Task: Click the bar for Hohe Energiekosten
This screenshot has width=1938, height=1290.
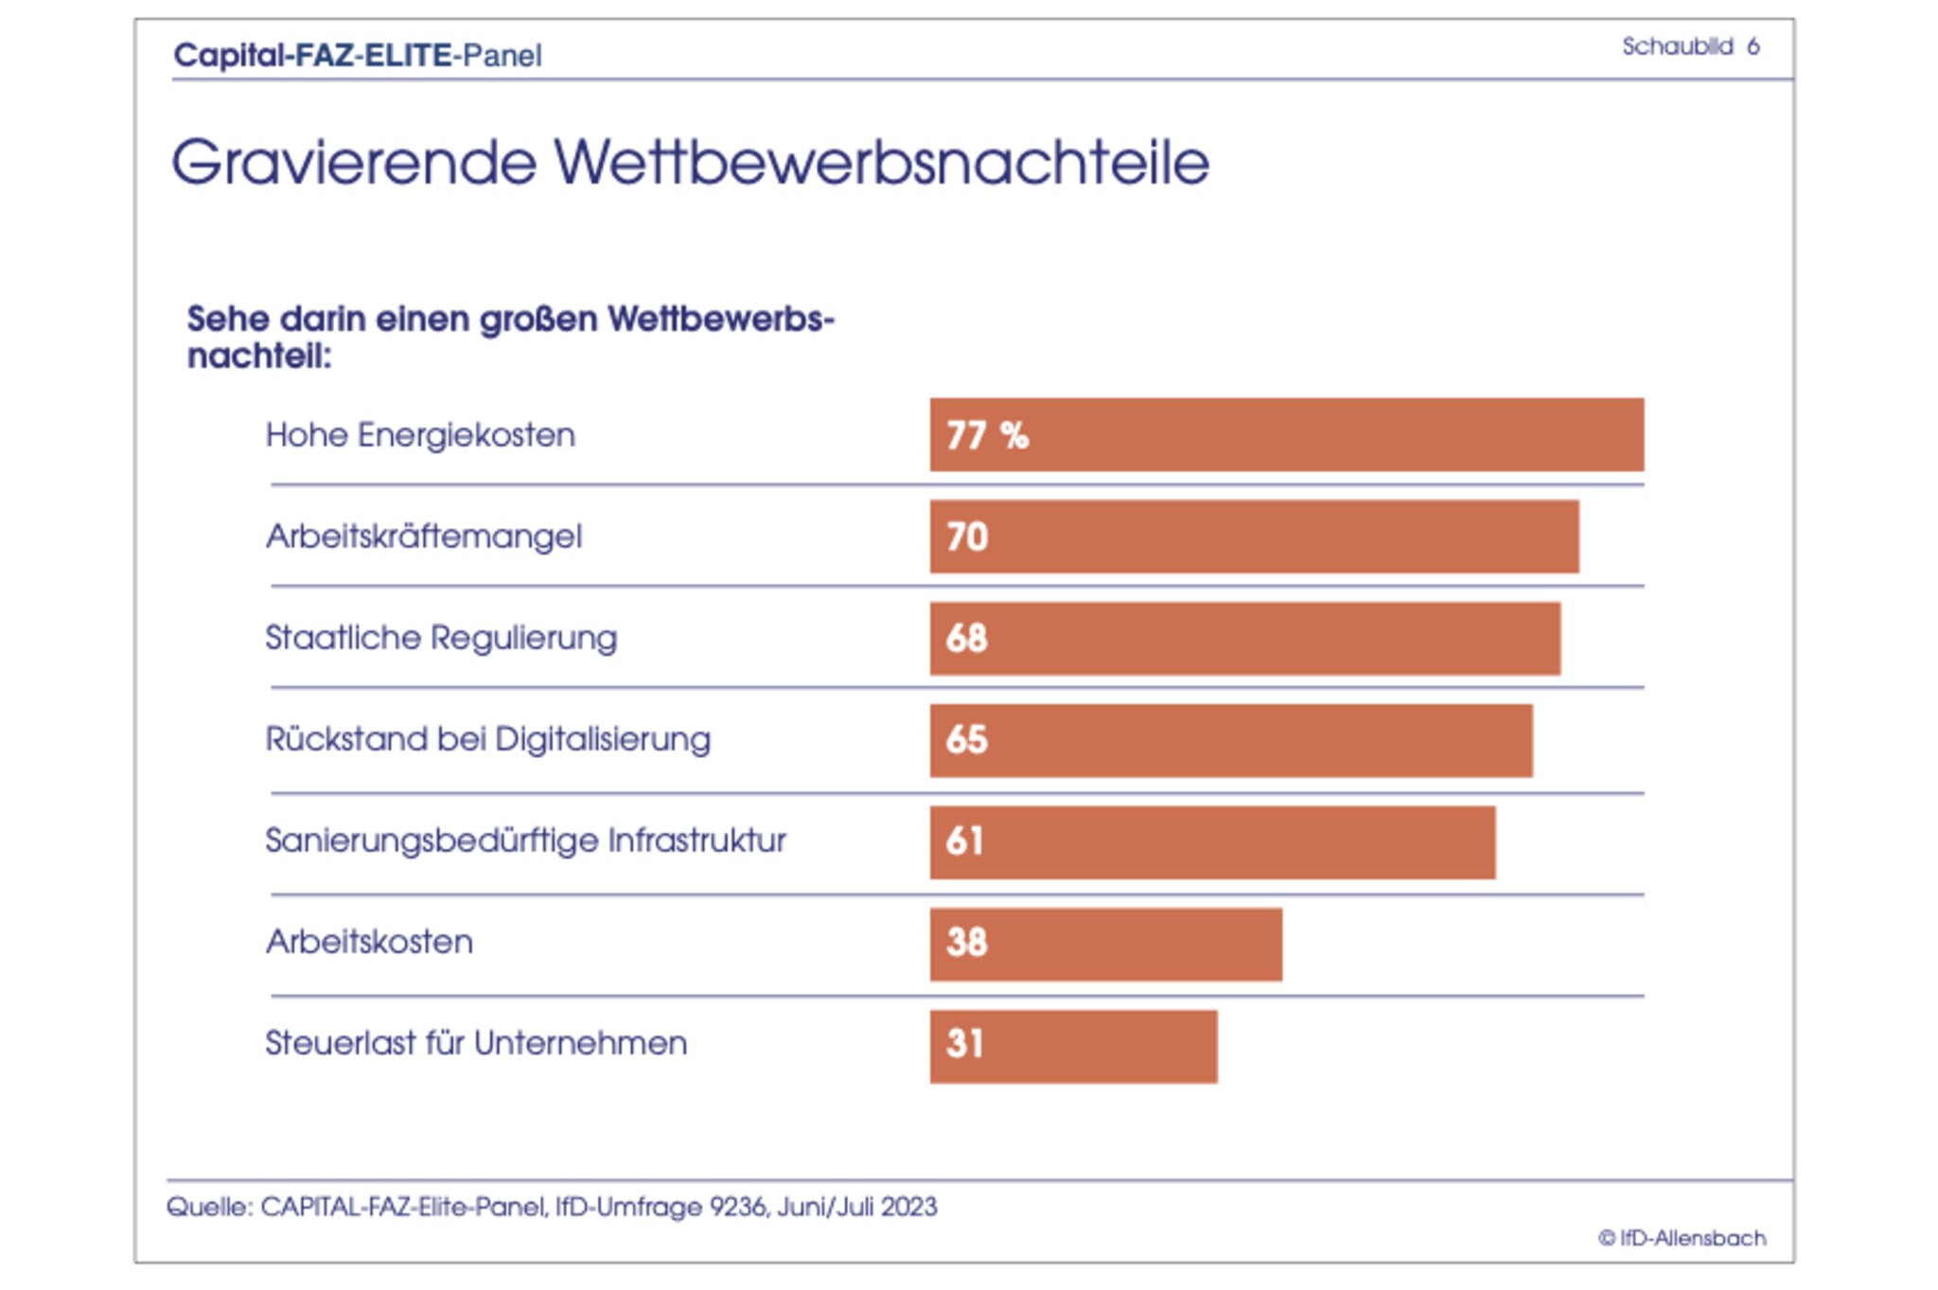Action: click(1287, 434)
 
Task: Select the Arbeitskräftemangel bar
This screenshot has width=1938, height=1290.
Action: click(1254, 537)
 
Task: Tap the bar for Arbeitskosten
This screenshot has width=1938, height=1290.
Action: click(1105, 944)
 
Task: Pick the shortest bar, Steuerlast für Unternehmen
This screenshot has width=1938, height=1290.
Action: click(1073, 1046)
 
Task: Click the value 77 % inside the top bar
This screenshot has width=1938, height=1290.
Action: click(987, 435)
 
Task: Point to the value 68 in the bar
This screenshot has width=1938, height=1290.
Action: click(966, 638)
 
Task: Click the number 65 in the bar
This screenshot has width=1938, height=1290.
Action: click(966, 739)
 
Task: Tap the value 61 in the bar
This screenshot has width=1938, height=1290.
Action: click(964, 840)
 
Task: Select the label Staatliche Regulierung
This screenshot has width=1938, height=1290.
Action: click(441, 638)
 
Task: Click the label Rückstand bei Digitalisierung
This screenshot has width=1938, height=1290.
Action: click(487, 739)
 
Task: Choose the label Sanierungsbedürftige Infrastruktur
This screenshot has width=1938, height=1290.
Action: click(525, 840)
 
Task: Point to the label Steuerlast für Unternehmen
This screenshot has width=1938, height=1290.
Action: click(476, 1043)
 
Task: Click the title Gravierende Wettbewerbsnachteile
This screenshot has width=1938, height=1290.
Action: click(690, 162)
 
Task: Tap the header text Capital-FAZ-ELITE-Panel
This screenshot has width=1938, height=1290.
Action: click(358, 55)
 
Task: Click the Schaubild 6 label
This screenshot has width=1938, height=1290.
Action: click(1690, 46)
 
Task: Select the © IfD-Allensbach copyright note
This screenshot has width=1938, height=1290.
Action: click(1682, 1238)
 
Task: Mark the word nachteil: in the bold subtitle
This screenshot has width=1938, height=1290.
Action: click(259, 357)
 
